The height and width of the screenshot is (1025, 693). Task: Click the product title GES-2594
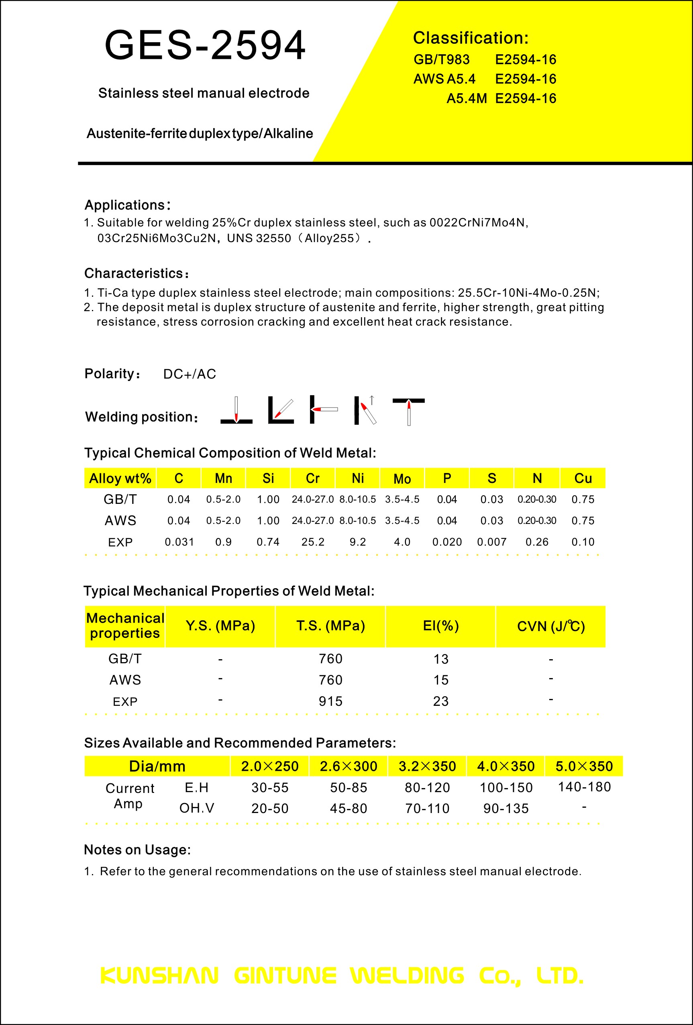click(205, 45)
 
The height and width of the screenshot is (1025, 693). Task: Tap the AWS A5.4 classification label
click(444, 79)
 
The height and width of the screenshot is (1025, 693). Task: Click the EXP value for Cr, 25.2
click(313, 542)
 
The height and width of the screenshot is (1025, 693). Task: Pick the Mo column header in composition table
click(402, 479)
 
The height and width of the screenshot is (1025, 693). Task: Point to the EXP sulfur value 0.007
click(491, 542)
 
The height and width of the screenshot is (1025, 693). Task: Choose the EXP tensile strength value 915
click(330, 701)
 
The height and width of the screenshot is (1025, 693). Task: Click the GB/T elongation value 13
click(441, 658)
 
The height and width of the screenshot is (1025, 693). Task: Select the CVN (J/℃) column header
click(550, 626)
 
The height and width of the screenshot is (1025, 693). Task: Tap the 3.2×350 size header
click(427, 766)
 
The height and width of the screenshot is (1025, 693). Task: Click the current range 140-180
click(584, 787)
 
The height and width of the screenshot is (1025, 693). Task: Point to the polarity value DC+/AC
click(190, 374)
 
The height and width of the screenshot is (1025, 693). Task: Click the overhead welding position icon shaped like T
click(408, 410)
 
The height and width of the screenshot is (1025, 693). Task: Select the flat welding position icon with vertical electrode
click(236, 410)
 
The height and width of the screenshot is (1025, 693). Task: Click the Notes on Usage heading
click(137, 850)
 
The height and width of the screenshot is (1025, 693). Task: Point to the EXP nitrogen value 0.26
click(537, 542)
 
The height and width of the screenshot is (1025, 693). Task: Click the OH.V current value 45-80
click(349, 808)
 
